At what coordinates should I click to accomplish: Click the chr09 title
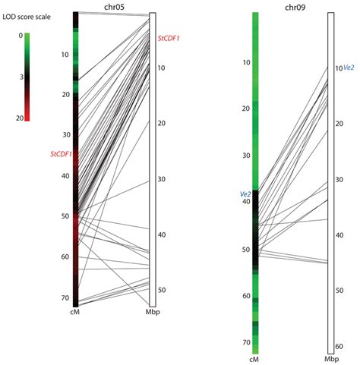click(293, 7)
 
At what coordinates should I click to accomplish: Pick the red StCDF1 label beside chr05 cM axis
click(60, 154)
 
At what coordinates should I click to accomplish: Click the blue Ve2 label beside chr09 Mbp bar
click(349, 68)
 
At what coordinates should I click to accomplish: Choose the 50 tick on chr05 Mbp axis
click(162, 291)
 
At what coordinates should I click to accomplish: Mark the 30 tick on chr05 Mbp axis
click(162, 179)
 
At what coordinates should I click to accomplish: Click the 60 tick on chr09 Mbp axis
click(339, 346)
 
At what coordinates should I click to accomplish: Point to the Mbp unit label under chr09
click(332, 359)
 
